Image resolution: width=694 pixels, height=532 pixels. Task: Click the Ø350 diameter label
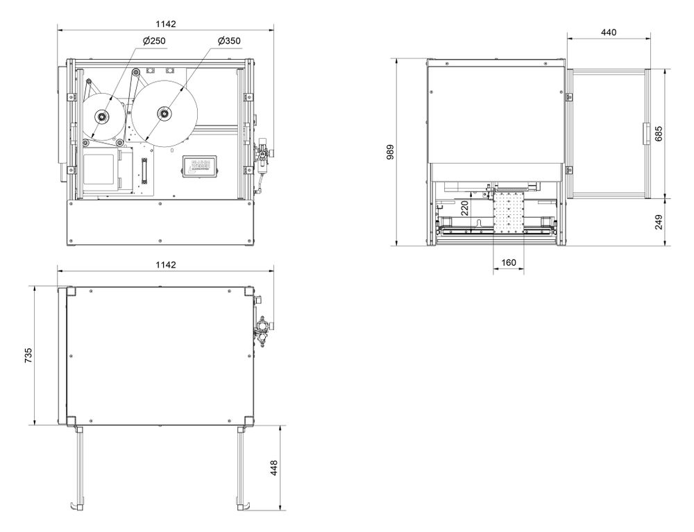(229, 42)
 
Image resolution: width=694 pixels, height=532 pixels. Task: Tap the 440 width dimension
(609, 33)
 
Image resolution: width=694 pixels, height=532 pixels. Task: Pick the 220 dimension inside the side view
(465, 208)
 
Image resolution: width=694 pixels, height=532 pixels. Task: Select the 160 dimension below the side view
(508, 263)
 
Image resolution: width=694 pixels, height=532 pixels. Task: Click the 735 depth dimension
(28, 355)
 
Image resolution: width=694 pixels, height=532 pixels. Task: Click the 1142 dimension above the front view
(166, 24)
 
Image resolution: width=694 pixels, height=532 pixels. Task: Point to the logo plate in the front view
(201, 167)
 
